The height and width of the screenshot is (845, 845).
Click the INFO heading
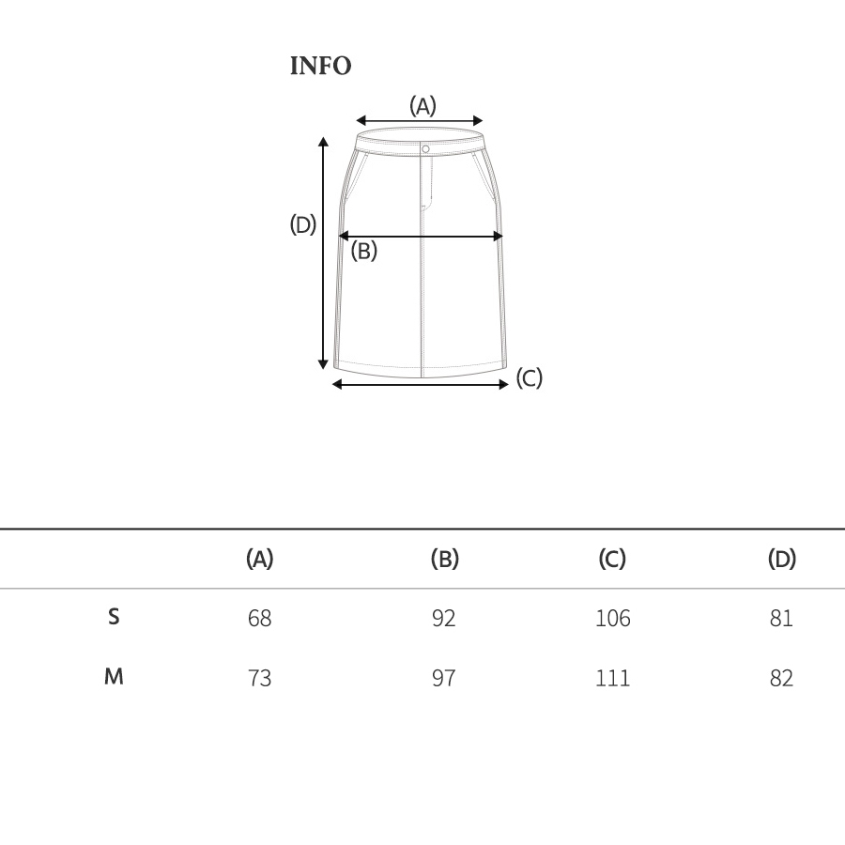pyautogui.click(x=321, y=66)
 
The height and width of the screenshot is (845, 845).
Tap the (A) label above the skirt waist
pyautogui.click(x=422, y=105)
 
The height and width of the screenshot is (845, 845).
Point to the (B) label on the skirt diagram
pyautogui.click(x=363, y=251)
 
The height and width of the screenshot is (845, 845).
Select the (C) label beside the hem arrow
pyautogui.click(x=530, y=377)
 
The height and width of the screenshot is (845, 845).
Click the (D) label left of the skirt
pyautogui.click(x=303, y=224)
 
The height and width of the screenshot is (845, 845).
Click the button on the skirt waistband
pyautogui.click(x=425, y=148)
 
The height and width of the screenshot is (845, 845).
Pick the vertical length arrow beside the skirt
pyautogui.click(x=323, y=253)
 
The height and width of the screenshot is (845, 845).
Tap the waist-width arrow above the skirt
pyautogui.click(x=420, y=121)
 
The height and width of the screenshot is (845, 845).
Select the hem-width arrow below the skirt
pyautogui.click(x=421, y=384)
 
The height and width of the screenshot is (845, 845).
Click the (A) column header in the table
pyautogui.click(x=260, y=559)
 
